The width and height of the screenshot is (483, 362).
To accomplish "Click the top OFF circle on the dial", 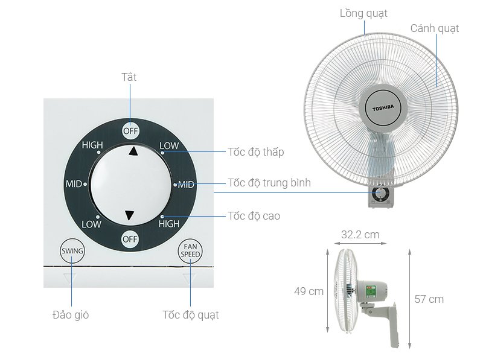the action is (x=130, y=131).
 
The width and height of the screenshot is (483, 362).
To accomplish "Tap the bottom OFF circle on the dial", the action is (x=130, y=239).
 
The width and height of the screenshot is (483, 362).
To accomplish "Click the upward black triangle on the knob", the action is (x=133, y=151).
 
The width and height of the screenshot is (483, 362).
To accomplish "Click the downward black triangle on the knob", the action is (x=129, y=215).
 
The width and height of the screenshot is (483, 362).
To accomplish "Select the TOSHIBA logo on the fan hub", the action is (x=383, y=108).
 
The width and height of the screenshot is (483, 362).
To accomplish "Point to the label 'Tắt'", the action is (x=129, y=77).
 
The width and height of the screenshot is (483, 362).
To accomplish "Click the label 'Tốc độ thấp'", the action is (x=255, y=152).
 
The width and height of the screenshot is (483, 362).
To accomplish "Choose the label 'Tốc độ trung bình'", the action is (x=269, y=183).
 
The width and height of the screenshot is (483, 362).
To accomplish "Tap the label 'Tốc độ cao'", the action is (x=254, y=216).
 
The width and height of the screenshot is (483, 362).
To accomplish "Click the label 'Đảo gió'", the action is (x=71, y=315).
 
